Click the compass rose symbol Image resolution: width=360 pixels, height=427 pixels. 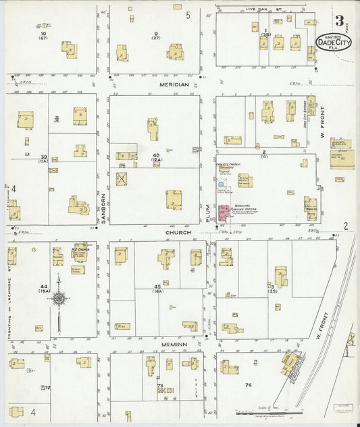59,298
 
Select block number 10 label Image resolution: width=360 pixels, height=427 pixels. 44,34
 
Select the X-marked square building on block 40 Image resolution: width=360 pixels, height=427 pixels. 122,179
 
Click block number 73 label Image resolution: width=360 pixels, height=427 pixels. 160,386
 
